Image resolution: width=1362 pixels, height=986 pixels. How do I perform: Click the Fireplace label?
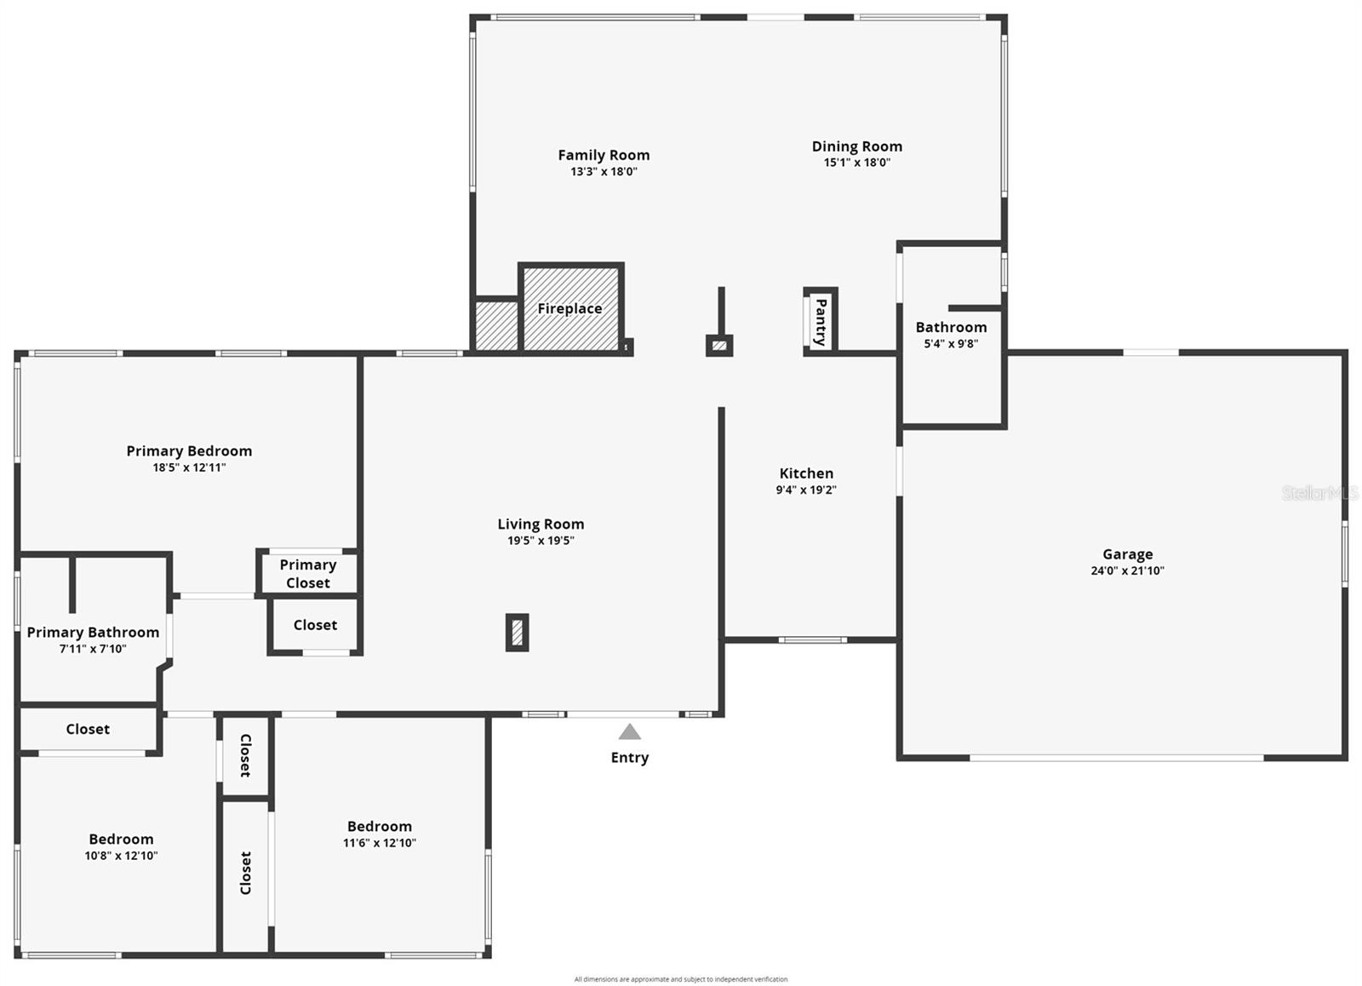pyautogui.click(x=569, y=308)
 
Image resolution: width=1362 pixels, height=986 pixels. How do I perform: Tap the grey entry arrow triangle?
pyautogui.click(x=629, y=731)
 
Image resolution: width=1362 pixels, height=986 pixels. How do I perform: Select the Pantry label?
pyautogui.click(x=821, y=321)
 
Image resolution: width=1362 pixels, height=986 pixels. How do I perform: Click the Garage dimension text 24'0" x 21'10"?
pyautogui.click(x=1127, y=570)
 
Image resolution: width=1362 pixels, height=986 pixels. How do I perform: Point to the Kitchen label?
pyautogui.click(x=806, y=473)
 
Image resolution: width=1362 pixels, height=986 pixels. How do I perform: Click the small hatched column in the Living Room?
pyautogui.click(x=517, y=633)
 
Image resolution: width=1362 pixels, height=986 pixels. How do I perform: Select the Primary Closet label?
pyautogui.click(x=307, y=573)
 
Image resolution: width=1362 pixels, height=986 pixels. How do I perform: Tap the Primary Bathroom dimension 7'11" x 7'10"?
pyautogui.click(x=93, y=649)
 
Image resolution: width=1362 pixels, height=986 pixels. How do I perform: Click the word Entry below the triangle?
pyautogui.click(x=629, y=758)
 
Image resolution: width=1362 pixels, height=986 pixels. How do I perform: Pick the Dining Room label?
pyautogui.click(x=856, y=146)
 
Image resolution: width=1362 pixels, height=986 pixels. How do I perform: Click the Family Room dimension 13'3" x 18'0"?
pyautogui.click(x=604, y=171)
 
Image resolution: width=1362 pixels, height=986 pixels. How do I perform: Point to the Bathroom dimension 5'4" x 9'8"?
pyautogui.click(x=951, y=344)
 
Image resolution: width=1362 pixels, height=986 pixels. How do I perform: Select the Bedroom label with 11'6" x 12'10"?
pyautogui.click(x=379, y=827)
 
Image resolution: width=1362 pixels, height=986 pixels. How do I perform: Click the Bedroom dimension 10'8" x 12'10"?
pyautogui.click(x=121, y=856)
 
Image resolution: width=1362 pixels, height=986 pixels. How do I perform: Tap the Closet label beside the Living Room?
pyautogui.click(x=315, y=625)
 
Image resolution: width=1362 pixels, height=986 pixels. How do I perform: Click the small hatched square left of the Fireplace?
pyautogui.click(x=496, y=325)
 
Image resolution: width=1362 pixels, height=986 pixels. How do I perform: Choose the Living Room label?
pyautogui.click(x=541, y=525)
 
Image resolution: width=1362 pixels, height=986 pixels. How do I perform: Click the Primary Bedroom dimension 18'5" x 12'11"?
pyautogui.click(x=189, y=467)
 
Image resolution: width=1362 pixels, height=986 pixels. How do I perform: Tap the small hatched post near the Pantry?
pyautogui.click(x=719, y=346)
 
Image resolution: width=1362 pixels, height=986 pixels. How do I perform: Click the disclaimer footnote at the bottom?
pyautogui.click(x=680, y=979)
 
